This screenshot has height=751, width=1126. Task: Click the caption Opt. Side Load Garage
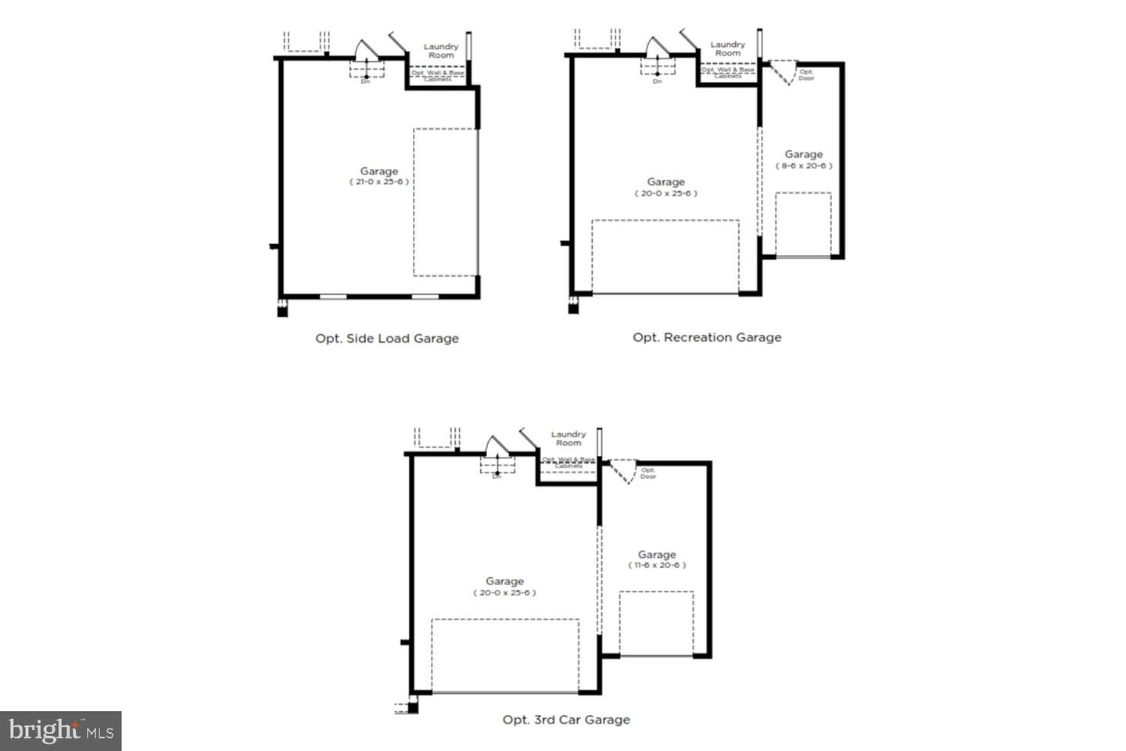[x=387, y=339]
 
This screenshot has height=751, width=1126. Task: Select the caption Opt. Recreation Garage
[x=707, y=337]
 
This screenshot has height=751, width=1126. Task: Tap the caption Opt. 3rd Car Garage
[x=566, y=720]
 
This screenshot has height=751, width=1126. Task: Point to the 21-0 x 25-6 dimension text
[x=379, y=181]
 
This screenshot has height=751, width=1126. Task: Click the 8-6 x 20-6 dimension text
[x=804, y=166]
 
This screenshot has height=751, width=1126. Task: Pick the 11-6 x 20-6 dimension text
[x=657, y=565]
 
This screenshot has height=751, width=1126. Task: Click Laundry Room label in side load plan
[x=441, y=51]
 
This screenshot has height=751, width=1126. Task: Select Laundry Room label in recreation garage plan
[x=727, y=49]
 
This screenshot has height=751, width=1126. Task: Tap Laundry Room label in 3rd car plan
[x=568, y=438]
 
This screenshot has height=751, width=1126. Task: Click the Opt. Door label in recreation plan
[x=806, y=75]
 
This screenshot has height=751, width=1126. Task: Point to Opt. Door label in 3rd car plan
[x=648, y=473]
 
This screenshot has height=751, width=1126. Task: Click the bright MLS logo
[x=61, y=731]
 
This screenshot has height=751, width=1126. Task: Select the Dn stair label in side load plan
[x=365, y=81]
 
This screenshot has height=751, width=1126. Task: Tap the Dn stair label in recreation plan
[x=657, y=81]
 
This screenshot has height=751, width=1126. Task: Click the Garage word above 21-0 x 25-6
[x=379, y=171]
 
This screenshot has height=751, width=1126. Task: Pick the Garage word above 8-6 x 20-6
[x=804, y=154]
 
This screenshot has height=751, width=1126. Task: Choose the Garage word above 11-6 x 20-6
[x=657, y=554]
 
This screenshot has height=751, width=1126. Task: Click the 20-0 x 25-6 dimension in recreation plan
[x=665, y=193]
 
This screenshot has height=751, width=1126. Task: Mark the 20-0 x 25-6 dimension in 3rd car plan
[x=504, y=592]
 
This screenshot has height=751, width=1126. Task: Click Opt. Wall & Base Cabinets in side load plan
[x=438, y=76]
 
